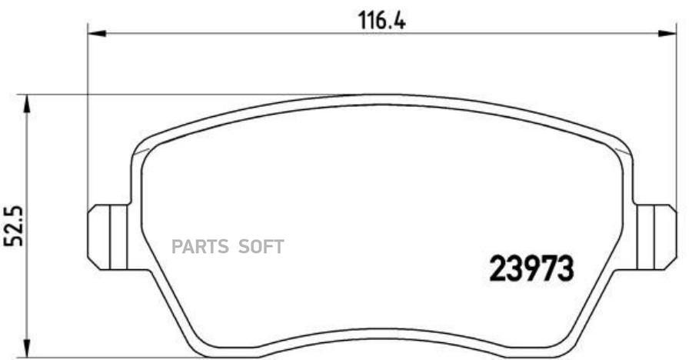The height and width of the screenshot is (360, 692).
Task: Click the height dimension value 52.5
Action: (x=13, y=226)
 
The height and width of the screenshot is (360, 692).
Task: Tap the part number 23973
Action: (x=532, y=268)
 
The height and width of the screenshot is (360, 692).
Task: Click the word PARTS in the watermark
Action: (x=200, y=246)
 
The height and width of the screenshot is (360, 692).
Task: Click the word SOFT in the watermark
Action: (x=261, y=246)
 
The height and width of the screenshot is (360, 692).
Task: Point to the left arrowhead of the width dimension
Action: (x=97, y=34)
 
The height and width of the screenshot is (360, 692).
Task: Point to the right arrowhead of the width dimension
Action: (x=667, y=34)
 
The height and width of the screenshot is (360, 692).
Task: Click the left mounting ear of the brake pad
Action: (x=107, y=237)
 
